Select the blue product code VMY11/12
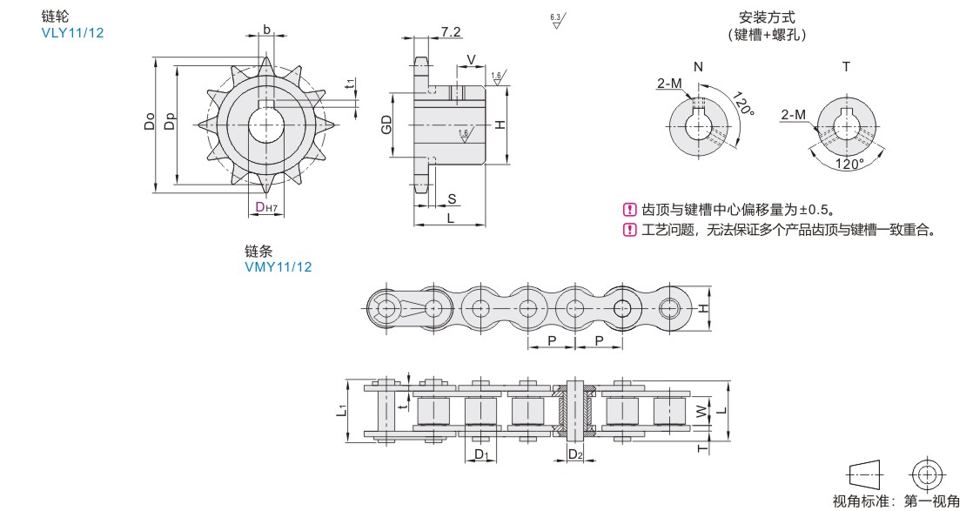coord(278,266)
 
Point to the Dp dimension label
coord(170,124)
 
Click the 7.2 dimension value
coord(451,32)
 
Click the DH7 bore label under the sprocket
coord(265,207)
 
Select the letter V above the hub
coord(471,59)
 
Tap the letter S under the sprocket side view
coord(452,198)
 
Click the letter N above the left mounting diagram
coord(698,67)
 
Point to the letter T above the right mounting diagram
coord(845,67)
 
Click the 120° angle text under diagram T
coord(849,164)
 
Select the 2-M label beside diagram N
coord(669,84)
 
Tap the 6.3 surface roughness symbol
coord(556,20)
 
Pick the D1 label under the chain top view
coord(484,455)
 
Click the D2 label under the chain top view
coord(575,455)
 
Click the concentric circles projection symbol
coord(925,474)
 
